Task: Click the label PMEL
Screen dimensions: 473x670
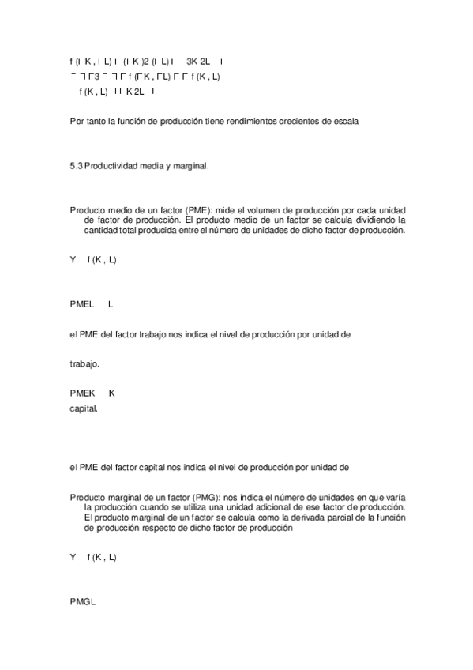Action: pyautogui.click(x=82, y=303)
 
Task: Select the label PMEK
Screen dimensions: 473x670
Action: pyautogui.click(x=82, y=393)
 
